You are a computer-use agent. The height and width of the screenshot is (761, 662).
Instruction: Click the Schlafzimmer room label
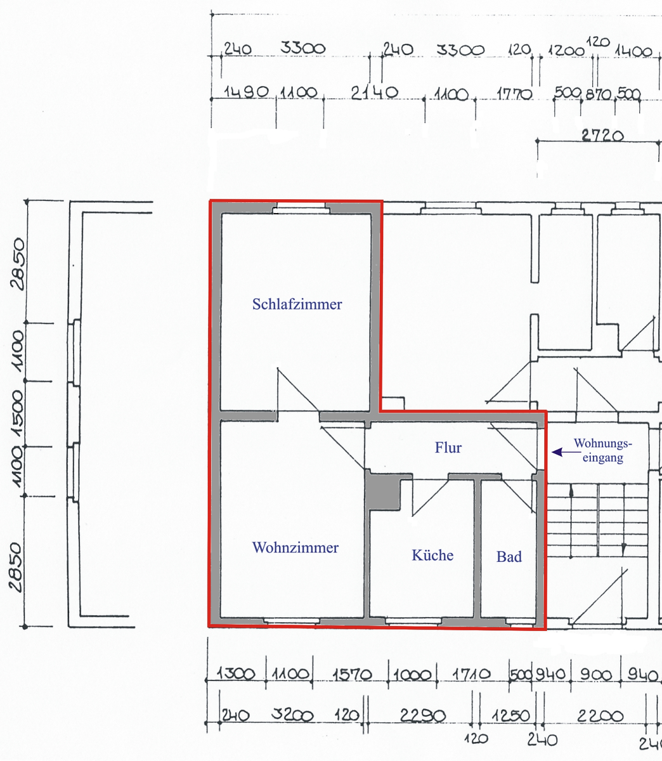[x=297, y=304]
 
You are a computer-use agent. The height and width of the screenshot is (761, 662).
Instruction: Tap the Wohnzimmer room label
[x=295, y=547]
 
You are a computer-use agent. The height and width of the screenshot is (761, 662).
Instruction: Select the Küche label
[x=432, y=556]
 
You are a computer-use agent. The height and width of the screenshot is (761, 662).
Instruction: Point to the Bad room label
[x=509, y=556]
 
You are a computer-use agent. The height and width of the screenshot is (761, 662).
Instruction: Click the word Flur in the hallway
[x=448, y=448]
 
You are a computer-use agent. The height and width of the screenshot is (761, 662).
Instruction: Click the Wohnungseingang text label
[x=603, y=450]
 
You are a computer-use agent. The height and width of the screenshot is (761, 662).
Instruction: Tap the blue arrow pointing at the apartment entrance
[x=566, y=452]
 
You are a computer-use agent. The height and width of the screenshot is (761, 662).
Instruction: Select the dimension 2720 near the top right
[x=602, y=136]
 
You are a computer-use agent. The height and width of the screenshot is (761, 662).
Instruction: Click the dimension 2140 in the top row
[x=375, y=93]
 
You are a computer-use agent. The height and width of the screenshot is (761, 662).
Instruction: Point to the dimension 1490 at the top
[x=246, y=92]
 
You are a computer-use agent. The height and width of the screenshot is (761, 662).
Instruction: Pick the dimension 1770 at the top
[x=514, y=95]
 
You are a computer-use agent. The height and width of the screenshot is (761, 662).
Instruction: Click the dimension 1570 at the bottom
[x=352, y=674]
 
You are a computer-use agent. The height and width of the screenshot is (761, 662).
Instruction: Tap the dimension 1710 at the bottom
[x=471, y=673]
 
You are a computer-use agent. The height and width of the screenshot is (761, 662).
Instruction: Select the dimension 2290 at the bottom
[x=422, y=715]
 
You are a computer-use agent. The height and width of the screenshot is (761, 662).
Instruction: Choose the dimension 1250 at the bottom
[x=510, y=715]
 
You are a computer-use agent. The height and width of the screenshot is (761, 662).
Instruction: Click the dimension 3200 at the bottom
[x=292, y=715]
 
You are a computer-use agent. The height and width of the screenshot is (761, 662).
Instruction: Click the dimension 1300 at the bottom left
[x=236, y=674]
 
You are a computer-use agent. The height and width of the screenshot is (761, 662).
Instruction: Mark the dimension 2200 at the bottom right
[x=600, y=715]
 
